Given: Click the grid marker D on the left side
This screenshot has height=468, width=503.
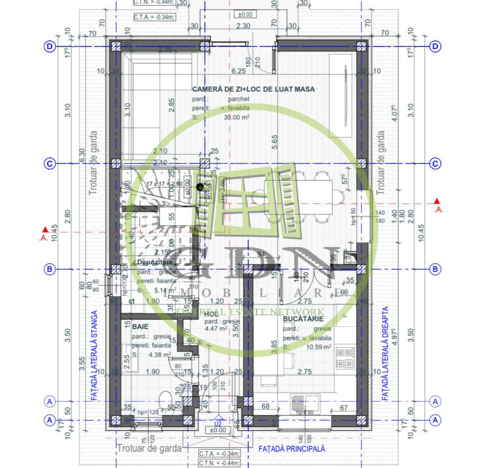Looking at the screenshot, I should click(49, 46).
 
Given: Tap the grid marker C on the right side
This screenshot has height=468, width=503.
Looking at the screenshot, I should click(435, 163).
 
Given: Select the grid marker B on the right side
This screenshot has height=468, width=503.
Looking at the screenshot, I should click(435, 268).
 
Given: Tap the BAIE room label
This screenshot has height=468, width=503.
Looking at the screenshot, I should click(140, 326).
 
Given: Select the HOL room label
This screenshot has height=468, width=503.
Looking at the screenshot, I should click(211, 314).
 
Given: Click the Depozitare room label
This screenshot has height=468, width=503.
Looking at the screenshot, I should click(153, 262).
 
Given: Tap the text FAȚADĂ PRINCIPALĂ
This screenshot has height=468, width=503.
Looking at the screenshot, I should click(291, 448).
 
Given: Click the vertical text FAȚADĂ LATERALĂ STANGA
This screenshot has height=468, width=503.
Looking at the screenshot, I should click(94, 355).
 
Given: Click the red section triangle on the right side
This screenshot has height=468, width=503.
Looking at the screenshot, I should click(438, 202).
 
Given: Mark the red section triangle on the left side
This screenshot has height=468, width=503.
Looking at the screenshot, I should click(44, 229).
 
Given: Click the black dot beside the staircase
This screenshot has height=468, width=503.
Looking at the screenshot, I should click(200, 187).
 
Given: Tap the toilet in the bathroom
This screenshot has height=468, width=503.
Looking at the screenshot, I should click(164, 399).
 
